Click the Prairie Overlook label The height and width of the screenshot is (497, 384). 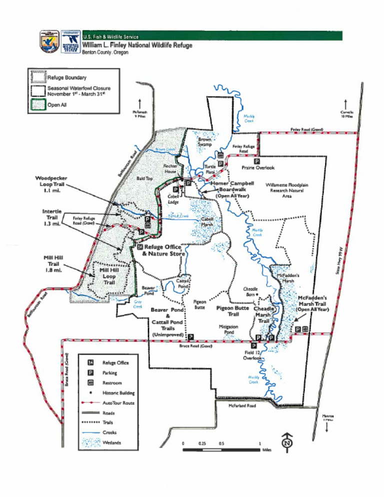click(258, 168)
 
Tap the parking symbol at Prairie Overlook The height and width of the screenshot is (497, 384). click(256, 161)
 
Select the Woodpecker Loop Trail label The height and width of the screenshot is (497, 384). click(51, 184)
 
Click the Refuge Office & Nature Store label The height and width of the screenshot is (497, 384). click(162, 250)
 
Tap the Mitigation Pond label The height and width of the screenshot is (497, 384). click(228, 329)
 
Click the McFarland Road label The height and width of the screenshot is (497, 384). click(242, 405)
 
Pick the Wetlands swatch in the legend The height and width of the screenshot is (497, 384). click(90, 442)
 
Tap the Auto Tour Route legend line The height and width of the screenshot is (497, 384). click(90, 402)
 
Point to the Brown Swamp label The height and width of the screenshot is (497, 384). click(204, 142)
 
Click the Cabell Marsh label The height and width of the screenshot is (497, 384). click(207, 222)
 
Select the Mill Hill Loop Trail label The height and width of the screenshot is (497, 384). click(109, 276)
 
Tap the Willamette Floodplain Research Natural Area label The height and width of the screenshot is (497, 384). click(286, 191)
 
